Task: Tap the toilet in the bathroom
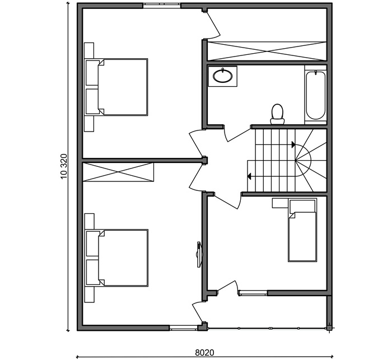[x=277, y=114]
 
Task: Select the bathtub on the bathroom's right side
[x=316, y=95]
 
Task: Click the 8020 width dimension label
[x=204, y=353]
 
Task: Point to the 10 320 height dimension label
[x=64, y=166]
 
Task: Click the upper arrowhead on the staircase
[x=293, y=144]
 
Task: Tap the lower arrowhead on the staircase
[x=249, y=176]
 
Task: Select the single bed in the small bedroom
[x=302, y=230]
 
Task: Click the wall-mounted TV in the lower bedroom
[x=199, y=255]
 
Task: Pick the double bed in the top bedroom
[x=116, y=87]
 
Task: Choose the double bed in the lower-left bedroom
[x=116, y=258]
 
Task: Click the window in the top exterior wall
[x=162, y=5]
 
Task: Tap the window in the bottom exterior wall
[x=184, y=328]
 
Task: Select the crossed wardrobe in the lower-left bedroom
[x=118, y=172]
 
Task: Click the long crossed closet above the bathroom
[x=267, y=51]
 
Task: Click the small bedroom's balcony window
[x=253, y=293]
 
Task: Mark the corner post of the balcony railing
[x=329, y=328]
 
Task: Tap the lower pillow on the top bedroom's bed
[x=92, y=101]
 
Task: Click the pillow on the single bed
[x=302, y=206]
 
